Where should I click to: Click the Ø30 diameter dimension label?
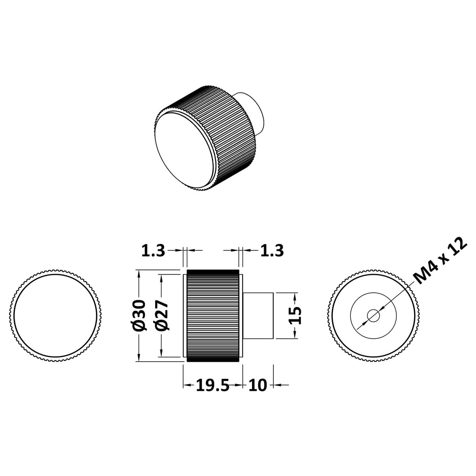[140, 315]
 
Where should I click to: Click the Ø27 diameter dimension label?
[163, 315]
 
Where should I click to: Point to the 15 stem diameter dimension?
[296, 315]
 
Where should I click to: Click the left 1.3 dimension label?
[153, 251]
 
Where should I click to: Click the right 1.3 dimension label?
[272, 251]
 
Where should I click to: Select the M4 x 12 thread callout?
[439, 261]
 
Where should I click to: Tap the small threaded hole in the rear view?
[374, 315]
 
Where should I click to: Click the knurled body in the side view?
[212, 315]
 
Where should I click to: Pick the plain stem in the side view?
[259, 315]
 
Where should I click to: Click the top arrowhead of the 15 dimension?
[296, 296]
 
